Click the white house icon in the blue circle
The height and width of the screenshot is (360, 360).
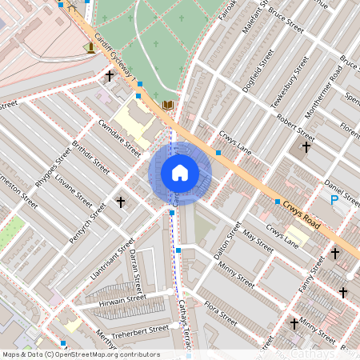pos(180,173)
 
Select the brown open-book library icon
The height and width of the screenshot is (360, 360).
pos(167,106)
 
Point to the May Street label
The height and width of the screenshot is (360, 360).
pos(258,238)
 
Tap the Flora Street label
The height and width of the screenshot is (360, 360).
pos(220,313)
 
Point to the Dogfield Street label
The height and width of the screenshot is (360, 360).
pos(255,70)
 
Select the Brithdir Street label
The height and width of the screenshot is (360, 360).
pos(91,158)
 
